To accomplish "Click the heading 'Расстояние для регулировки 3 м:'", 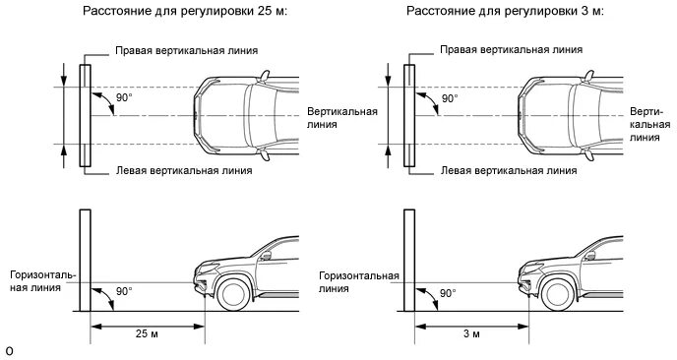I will click(489, 12).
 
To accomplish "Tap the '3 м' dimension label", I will click(471, 334).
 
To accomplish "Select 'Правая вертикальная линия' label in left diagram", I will click(185, 49).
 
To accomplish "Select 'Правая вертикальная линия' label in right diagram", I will click(510, 49).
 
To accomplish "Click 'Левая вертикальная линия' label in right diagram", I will click(508, 169).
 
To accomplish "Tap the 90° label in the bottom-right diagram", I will click(448, 293).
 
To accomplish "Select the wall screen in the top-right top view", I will click(408, 116).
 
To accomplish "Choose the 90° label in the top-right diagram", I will click(449, 98).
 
